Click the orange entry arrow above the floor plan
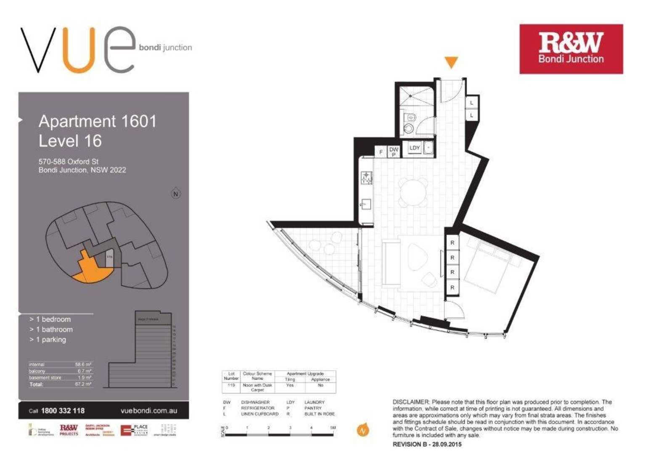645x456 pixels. pos(451,62)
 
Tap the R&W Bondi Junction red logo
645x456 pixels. pos(571,49)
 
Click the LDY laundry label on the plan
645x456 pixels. pos(415,148)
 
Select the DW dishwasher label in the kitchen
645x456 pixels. pos(394,149)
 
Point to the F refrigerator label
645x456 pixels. pos(381,152)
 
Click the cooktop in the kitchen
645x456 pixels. pos(366,178)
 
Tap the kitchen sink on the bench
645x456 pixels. pos(365,205)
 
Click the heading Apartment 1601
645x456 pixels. pos(98,121)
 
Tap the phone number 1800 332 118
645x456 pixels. pos(63,411)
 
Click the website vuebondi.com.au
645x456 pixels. pos(148,411)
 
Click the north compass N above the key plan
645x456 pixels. pos(176,194)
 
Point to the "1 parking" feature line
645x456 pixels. pos(50,340)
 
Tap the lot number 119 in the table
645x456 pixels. pos(231,385)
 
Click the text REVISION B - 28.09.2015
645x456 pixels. pos(427,444)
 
